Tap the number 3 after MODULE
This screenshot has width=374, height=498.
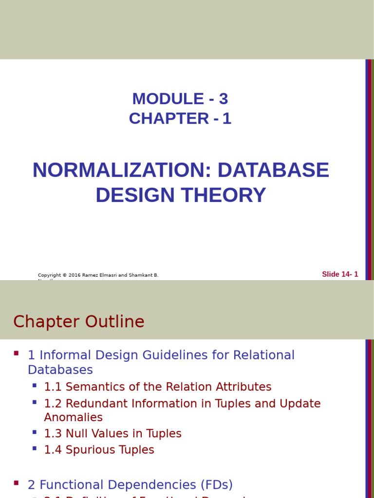pos(223,99)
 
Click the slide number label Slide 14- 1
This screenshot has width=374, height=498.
pos(340,274)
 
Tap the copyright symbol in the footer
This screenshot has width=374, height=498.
pos(65,275)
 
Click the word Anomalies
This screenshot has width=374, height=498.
pos(73,417)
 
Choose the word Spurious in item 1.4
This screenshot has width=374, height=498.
pos(86,450)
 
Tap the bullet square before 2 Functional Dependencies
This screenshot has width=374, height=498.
pos(17,483)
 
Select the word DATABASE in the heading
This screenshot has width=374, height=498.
pos(273,170)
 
